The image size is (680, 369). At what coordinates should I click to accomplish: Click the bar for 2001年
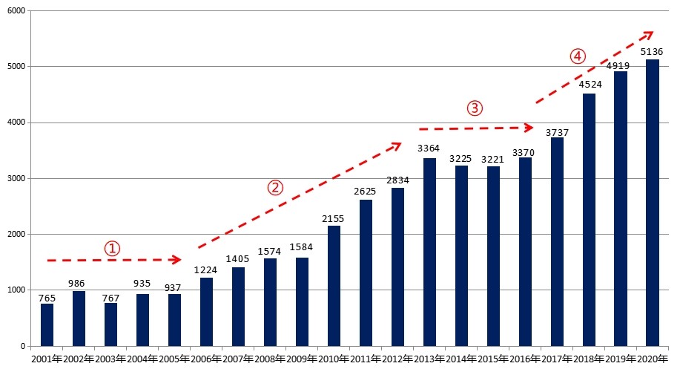click(47, 324)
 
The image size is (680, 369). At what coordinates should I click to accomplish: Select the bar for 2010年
click(334, 286)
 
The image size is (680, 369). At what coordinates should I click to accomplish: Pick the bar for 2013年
click(429, 252)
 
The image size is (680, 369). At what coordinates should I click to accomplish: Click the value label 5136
click(652, 52)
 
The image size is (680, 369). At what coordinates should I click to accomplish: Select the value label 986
click(79, 284)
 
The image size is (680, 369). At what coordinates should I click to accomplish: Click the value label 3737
click(556, 132)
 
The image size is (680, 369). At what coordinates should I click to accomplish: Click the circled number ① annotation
click(111, 248)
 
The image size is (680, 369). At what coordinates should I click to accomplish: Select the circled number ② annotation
click(275, 187)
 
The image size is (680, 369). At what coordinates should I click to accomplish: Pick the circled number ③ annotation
click(475, 108)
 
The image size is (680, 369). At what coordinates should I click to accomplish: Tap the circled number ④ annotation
click(578, 56)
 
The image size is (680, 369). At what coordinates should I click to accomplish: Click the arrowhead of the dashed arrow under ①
click(177, 260)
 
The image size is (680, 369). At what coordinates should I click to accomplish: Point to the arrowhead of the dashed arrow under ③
click(529, 128)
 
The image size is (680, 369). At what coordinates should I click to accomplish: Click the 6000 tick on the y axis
click(16, 11)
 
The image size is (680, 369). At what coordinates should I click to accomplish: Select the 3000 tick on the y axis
click(16, 179)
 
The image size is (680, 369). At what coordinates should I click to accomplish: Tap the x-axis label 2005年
click(174, 359)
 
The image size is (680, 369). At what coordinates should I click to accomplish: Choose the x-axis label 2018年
click(588, 359)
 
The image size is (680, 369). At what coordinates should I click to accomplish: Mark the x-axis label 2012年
click(397, 359)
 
